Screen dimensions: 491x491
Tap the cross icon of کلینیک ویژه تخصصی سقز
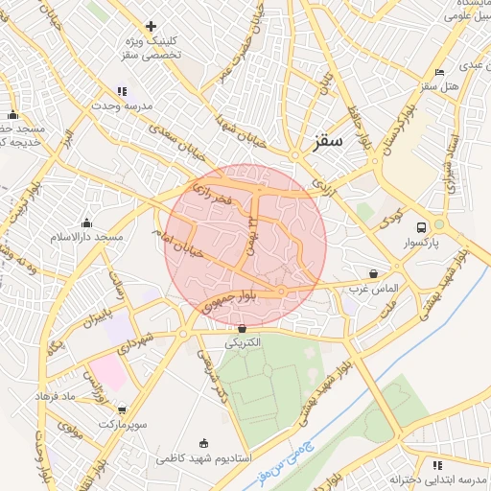click(151, 26)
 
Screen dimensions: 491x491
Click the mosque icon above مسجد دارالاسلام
click(87, 222)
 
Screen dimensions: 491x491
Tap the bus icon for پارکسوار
click(421, 227)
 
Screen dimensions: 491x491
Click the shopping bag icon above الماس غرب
click(373, 273)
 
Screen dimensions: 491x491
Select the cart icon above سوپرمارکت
click(119, 409)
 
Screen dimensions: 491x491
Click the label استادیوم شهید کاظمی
click(204, 458)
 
